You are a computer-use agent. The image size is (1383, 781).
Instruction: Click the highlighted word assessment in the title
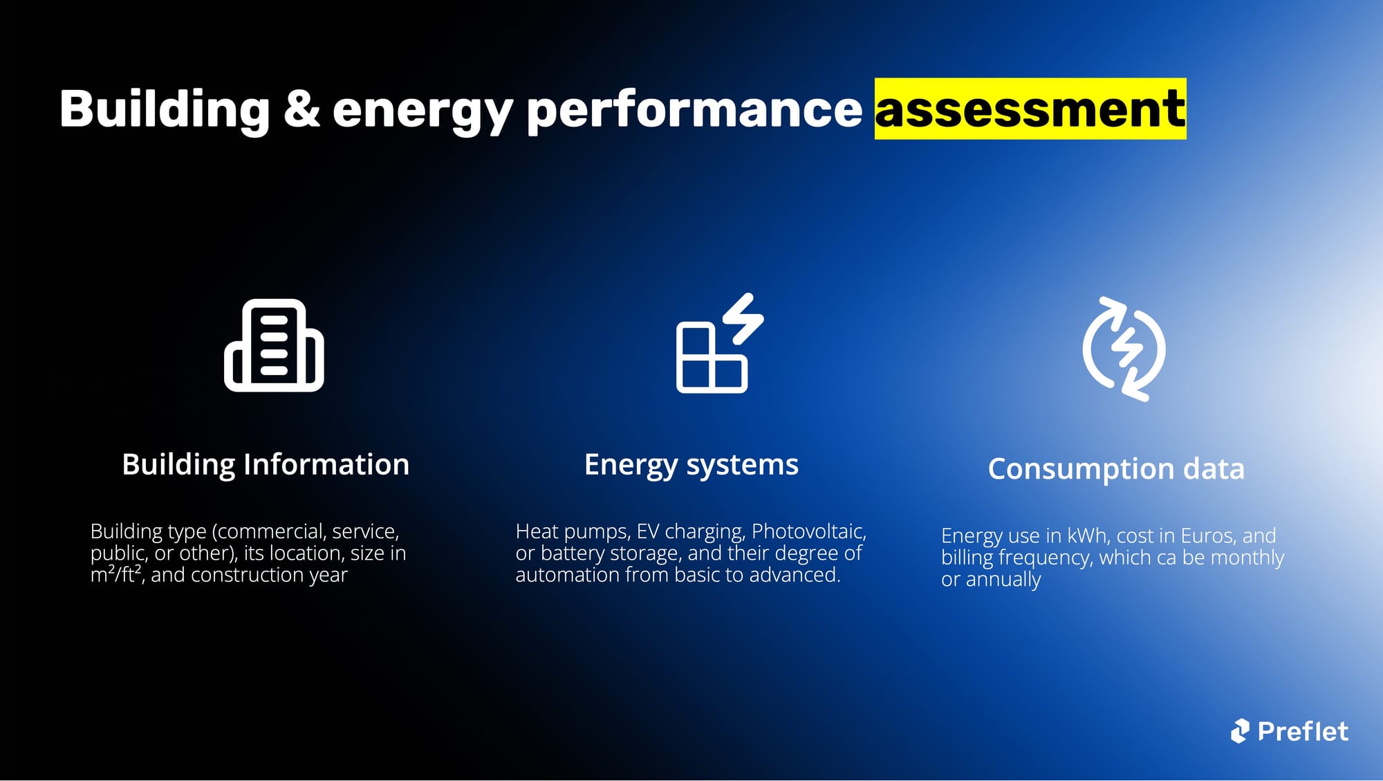1030,109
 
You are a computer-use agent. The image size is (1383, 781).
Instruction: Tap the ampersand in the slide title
302,109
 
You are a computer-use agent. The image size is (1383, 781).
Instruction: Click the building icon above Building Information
274,345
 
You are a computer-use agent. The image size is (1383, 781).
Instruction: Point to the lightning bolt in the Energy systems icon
744,318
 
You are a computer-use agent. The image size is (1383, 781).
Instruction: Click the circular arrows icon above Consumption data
1124,349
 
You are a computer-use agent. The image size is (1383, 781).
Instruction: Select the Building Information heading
266,465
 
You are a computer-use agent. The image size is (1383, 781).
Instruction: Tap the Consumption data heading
1116,469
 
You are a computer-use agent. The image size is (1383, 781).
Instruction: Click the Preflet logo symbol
1240,731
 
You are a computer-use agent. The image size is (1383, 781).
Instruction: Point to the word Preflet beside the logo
1303,731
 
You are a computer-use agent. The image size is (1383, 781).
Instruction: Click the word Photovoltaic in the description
808,531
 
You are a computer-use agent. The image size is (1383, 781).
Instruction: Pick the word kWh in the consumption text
1087,535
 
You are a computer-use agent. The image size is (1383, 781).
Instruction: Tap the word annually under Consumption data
1003,580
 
